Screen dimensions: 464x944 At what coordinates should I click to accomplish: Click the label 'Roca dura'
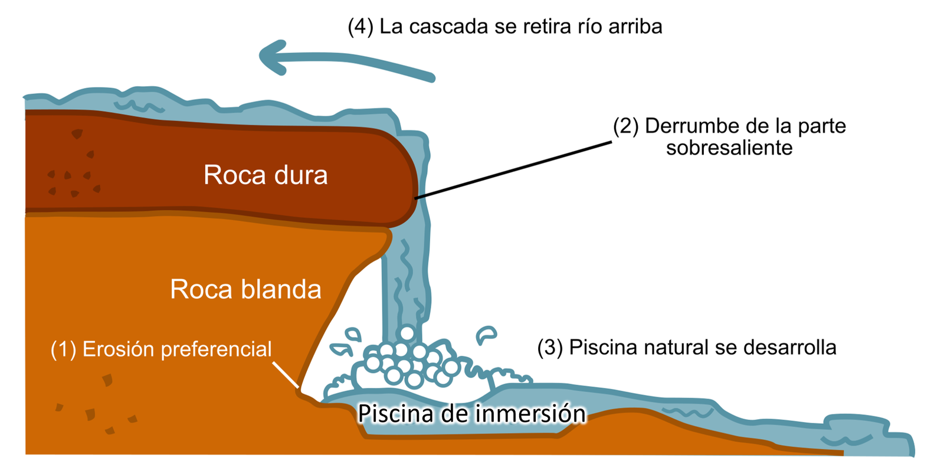[x=265, y=175]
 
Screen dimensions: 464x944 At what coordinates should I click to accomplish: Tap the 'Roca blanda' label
[x=245, y=289]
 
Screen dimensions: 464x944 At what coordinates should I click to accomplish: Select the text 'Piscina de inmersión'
[x=472, y=413]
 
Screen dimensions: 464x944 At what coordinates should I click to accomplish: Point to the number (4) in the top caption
[x=360, y=27]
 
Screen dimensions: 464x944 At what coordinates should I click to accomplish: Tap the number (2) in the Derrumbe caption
[x=626, y=126]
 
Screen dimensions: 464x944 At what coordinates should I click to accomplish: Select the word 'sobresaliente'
[x=729, y=148]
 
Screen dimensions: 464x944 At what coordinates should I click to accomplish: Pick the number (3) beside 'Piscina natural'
[x=550, y=348]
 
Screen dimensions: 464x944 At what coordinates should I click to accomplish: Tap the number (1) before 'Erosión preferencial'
[x=63, y=349]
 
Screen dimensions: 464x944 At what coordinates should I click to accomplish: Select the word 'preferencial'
[x=216, y=349]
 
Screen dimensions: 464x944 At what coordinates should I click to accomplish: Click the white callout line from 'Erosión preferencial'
[x=286, y=375]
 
